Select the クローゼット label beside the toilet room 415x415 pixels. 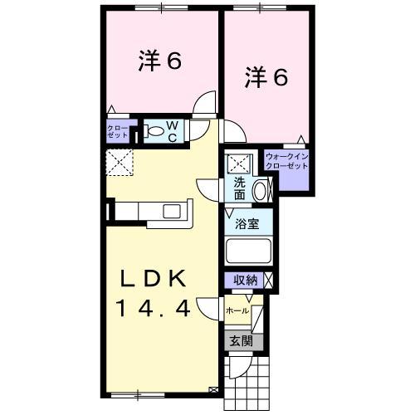(x=117, y=130)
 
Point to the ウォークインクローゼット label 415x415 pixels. (x=286, y=161)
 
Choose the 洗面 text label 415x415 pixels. (x=238, y=190)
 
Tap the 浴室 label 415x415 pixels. (x=247, y=223)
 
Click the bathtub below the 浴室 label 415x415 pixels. (x=249, y=251)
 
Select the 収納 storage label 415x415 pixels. (x=243, y=281)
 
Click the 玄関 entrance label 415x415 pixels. (x=241, y=339)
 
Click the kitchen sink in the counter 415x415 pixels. (x=173, y=209)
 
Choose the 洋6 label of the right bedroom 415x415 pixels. (x=266, y=78)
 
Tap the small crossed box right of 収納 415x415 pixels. (x=267, y=281)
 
